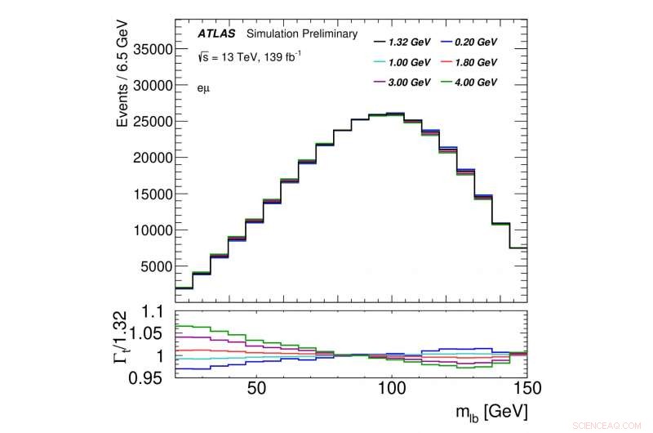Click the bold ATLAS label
click(x=216, y=34)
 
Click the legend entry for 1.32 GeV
click(x=401, y=41)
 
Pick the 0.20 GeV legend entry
click(x=466, y=41)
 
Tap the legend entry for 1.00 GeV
click(x=401, y=62)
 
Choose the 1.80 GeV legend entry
click(x=466, y=62)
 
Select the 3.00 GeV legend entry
click(x=401, y=83)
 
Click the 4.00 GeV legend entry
click(x=466, y=83)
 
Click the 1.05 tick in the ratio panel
click(x=153, y=333)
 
